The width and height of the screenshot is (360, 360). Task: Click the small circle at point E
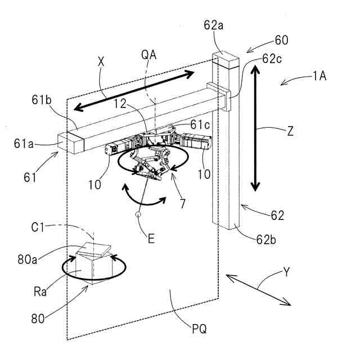point(138,214)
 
